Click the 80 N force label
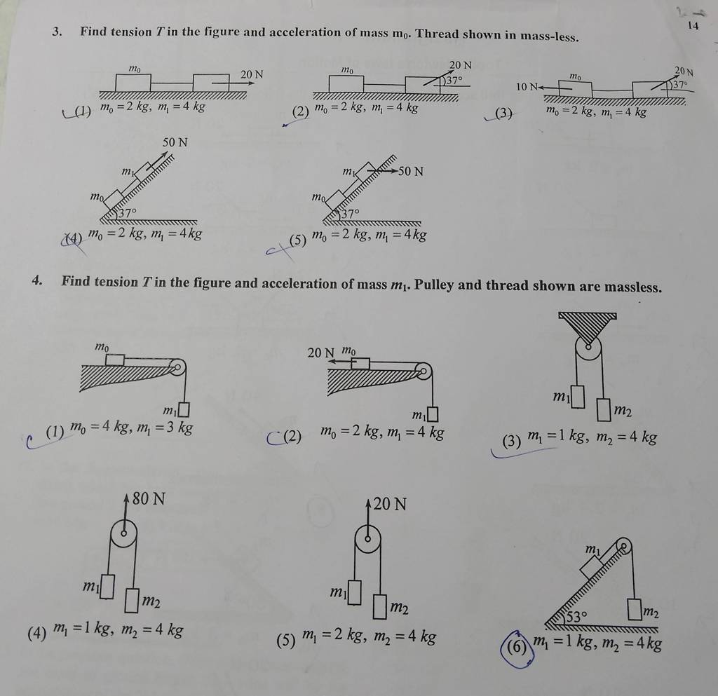(149, 500)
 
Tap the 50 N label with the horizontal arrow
(411, 171)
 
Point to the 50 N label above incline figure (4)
(175, 143)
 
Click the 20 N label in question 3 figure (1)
(252, 74)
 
